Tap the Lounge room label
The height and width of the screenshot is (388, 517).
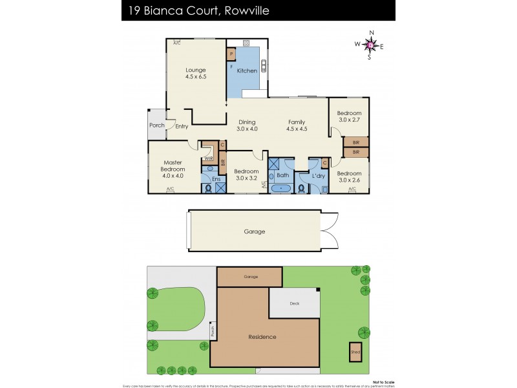(195, 73)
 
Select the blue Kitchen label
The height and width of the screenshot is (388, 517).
(247, 70)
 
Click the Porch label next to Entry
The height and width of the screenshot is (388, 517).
(157, 125)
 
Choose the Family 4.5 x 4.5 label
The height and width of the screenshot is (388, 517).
(297, 125)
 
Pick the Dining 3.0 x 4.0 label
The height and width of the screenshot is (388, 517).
(248, 125)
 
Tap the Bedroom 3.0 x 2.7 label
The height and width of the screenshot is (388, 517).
(350, 116)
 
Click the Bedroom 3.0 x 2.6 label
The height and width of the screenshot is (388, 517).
(349, 177)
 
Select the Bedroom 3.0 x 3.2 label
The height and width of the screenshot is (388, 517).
(246, 175)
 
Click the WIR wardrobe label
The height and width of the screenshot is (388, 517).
(209, 158)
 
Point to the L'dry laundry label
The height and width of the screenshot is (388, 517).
(318, 176)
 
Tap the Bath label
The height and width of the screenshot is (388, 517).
(282, 175)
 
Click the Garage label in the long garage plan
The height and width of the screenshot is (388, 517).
(254, 232)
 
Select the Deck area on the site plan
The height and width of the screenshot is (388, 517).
(295, 303)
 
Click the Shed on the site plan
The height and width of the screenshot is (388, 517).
(355, 352)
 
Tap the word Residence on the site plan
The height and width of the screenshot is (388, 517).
(262, 337)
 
